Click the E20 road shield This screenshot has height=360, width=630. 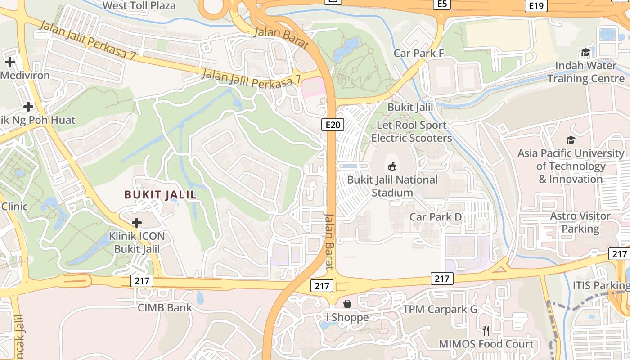point(333,125)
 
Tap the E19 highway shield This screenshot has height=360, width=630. point(536,5)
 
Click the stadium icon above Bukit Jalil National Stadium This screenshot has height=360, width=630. point(392,166)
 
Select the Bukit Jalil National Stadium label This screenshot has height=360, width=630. point(392,186)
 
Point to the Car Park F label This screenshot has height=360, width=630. point(418,53)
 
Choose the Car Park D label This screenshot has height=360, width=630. point(436,217)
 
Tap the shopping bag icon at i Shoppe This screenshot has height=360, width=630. point(347,304)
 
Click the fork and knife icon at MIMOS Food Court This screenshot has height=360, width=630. point(486,331)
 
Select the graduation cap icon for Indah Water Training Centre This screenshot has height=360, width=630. point(585,53)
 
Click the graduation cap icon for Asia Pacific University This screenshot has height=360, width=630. point(571,140)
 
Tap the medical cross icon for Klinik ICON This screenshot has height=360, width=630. point(137,222)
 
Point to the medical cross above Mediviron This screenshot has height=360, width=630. point(10,62)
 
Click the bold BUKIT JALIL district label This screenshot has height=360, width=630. point(161,195)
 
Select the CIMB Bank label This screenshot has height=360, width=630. point(165,308)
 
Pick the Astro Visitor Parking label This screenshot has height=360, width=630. point(580,222)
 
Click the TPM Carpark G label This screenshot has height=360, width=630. point(440,309)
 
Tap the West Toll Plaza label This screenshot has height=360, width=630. point(139,5)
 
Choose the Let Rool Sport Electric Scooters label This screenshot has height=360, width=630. point(411,131)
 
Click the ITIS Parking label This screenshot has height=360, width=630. point(601,285)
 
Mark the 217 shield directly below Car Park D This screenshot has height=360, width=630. point(441,279)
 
